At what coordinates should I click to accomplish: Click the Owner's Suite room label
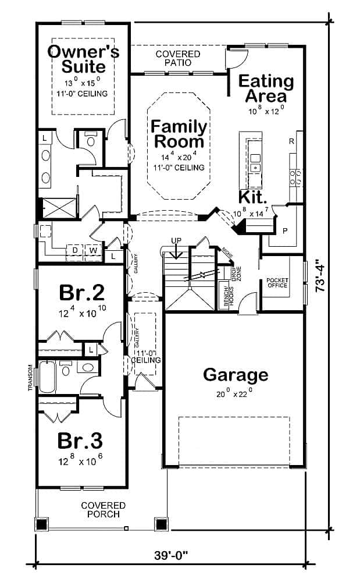(83, 58)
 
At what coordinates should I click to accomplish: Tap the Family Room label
(179, 134)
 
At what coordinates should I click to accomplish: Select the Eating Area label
(266, 88)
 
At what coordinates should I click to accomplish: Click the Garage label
(236, 375)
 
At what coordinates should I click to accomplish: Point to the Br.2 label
(81, 292)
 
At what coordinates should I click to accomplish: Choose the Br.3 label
(81, 441)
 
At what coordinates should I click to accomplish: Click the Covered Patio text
(177, 58)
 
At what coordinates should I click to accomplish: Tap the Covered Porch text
(104, 510)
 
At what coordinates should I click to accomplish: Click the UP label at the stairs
(176, 240)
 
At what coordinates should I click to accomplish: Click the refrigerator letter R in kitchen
(291, 141)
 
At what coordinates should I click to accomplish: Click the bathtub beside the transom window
(47, 377)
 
